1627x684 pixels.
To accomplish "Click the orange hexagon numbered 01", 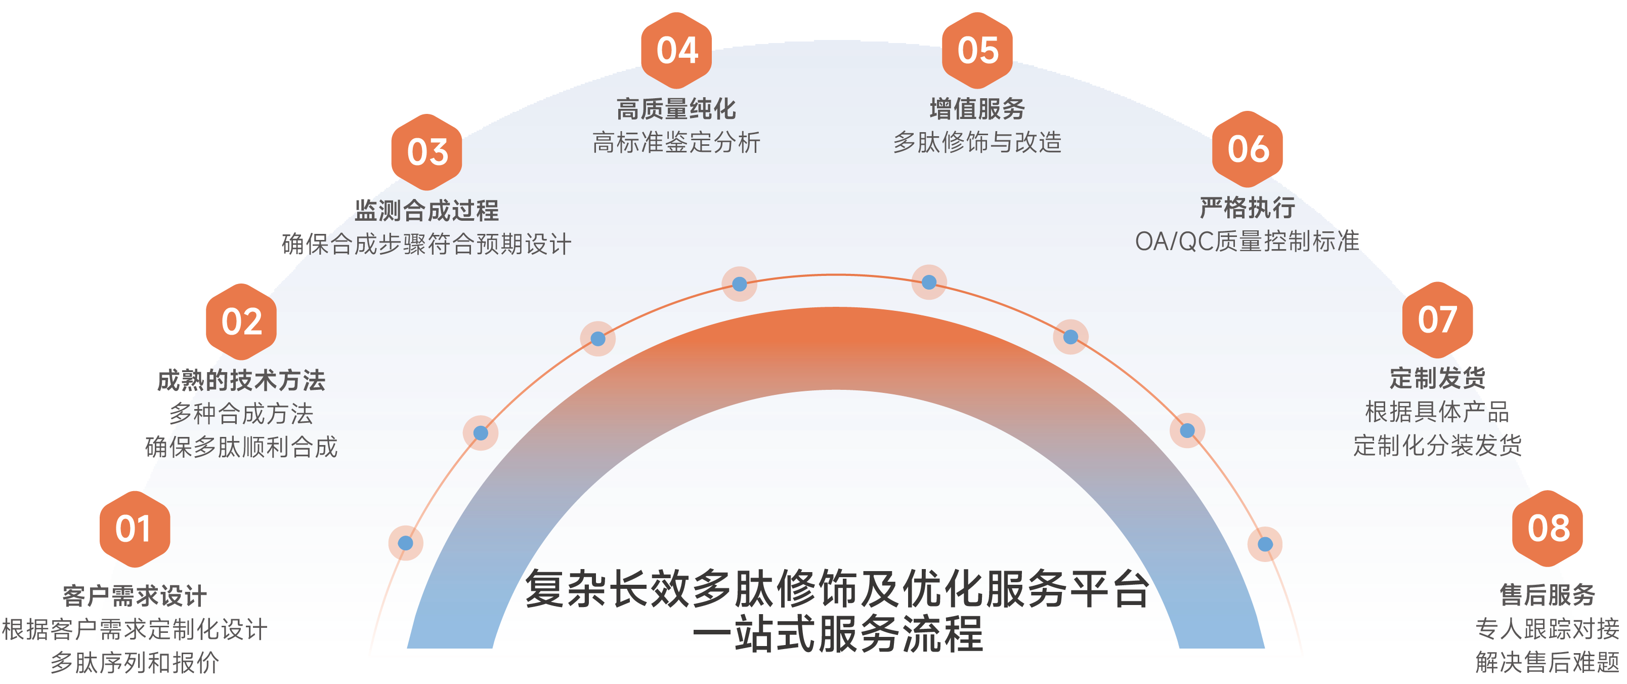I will [x=134, y=529].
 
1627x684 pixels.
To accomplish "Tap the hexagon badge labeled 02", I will [x=241, y=322].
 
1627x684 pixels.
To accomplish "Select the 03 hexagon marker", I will [x=427, y=152].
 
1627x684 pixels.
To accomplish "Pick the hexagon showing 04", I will [x=676, y=51].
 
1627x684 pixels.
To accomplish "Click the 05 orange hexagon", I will [x=977, y=51].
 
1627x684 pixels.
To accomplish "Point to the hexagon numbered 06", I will [x=1248, y=150].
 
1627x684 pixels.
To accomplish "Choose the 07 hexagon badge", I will [x=1437, y=319].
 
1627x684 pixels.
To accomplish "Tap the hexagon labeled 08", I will [x=1548, y=528].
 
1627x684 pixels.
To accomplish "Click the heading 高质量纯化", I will [x=676, y=109].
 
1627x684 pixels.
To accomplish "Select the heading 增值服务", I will [x=977, y=109].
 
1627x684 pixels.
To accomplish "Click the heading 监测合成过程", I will [x=427, y=211].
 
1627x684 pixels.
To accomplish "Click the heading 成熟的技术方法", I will [x=241, y=380].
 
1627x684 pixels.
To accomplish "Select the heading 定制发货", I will [x=1437, y=378].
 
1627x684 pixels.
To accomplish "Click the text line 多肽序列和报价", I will [x=135, y=663].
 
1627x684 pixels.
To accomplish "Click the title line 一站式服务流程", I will [x=837, y=634].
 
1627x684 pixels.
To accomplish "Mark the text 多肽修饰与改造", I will [x=977, y=142].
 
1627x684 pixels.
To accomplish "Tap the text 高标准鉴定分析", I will [x=676, y=142].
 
